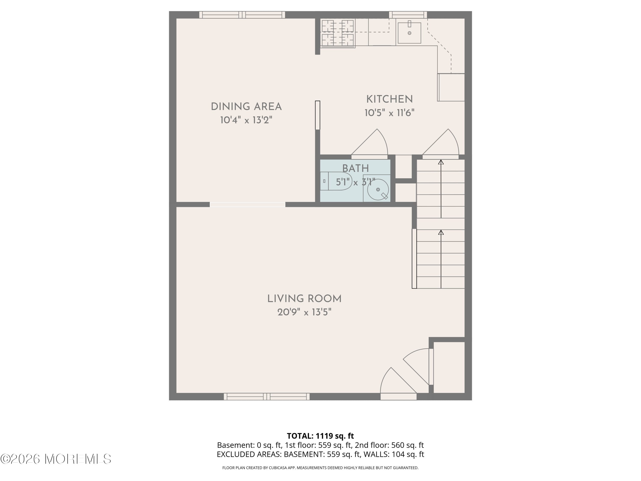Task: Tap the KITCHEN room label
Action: (390, 99)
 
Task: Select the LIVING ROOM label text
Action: (304, 299)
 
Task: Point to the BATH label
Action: (356, 168)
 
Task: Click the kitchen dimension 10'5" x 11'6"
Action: (390, 113)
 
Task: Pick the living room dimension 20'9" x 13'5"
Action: (304, 312)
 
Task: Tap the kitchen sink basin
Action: (409, 33)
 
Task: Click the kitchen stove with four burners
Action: (338, 33)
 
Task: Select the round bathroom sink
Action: (378, 190)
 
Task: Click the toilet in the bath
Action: (336, 181)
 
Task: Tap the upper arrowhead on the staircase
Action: (441, 162)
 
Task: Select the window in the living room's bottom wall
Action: (267, 396)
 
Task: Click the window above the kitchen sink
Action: (408, 15)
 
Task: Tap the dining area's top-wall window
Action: (242, 15)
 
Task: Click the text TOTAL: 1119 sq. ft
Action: (320, 436)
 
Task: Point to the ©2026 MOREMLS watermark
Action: (56, 459)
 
